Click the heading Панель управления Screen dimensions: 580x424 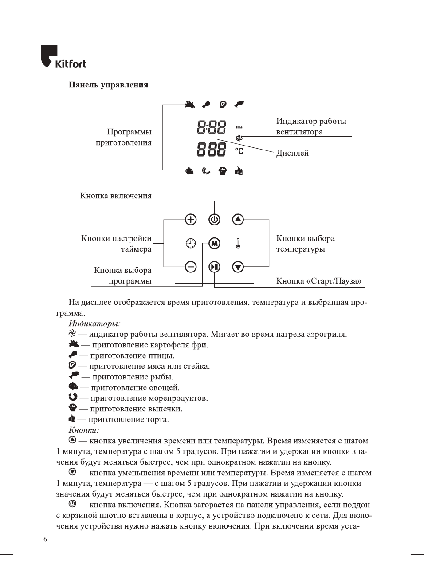[108, 85]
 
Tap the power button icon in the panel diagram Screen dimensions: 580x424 [214, 219]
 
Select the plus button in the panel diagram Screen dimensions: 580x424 [191, 219]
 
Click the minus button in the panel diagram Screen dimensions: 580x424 [191, 267]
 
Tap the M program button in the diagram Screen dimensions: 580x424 [214, 243]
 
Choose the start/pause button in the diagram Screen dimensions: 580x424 [214, 267]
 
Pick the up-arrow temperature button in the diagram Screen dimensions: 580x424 [238, 219]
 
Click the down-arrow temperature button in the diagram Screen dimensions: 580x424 [238, 267]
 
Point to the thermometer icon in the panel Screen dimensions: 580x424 [238, 243]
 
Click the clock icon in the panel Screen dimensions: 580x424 [191, 243]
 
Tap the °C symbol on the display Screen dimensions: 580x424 [239, 151]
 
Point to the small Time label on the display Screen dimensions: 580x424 [239, 127]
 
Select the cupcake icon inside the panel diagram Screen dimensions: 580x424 [223, 171]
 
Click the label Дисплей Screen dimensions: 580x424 [292, 153]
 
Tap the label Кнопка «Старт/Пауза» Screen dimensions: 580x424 [318, 281]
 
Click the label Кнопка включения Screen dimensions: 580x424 [116, 196]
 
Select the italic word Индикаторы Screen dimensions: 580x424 [94, 324]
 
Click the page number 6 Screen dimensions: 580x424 [45, 539]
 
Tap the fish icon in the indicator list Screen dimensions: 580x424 [74, 376]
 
